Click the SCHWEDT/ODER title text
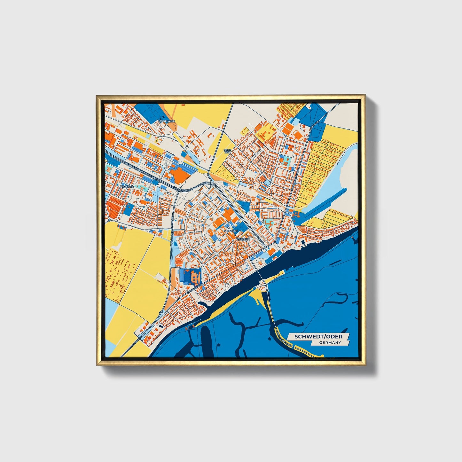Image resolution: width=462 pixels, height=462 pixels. (x=318, y=337)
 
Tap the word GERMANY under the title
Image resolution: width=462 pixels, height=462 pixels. (x=330, y=343)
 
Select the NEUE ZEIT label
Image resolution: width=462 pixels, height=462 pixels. (x=227, y=151)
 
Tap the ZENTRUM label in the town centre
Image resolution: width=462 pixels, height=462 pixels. (x=243, y=239)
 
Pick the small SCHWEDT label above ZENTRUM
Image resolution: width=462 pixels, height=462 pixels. (x=231, y=231)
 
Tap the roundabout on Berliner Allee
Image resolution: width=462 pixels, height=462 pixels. (x=160, y=312)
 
